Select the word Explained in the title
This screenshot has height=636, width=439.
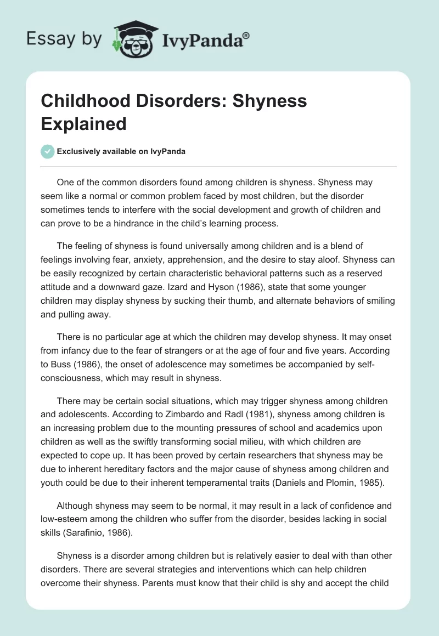click(83, 123)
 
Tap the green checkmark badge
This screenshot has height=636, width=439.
click(48, 151)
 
